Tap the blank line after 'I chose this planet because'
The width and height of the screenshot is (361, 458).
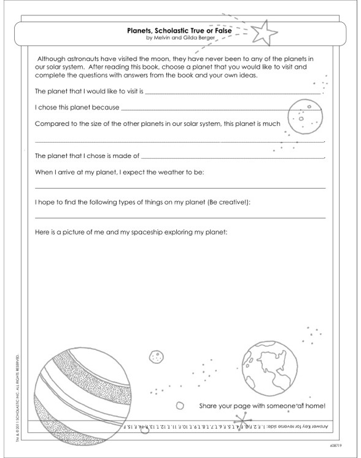pos(221,108)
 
